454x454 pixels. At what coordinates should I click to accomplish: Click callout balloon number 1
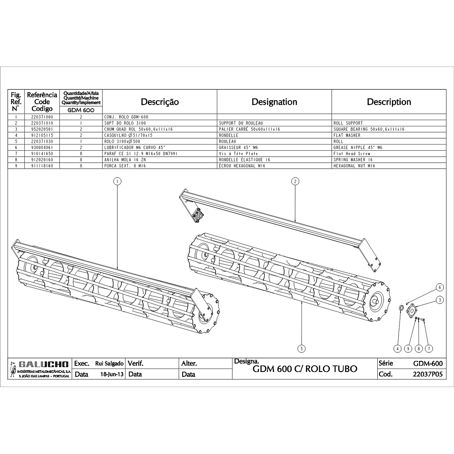117,181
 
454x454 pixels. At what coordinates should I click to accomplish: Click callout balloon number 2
295,181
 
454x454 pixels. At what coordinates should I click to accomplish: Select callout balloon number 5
301,348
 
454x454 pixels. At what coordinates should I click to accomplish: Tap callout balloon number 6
439,287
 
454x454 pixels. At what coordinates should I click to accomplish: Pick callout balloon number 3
439,300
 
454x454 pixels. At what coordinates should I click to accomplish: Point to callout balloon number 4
398,348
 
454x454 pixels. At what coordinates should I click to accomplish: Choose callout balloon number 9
408,348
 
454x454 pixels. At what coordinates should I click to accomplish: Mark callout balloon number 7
429,348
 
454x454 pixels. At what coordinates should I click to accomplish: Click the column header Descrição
160,102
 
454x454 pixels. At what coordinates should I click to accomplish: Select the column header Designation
274,102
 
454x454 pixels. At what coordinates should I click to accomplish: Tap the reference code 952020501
42,129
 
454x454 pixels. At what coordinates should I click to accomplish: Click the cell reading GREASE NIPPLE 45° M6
358,147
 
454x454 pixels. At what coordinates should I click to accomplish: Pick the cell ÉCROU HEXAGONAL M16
242,166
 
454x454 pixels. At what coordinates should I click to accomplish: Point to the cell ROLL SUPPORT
348,123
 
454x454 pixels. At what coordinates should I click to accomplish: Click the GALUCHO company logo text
43,364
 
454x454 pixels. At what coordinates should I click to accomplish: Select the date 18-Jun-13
112,374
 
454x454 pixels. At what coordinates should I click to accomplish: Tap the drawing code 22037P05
428,374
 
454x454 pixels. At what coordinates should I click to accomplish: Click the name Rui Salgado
110,364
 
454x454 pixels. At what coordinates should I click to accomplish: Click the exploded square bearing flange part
412,311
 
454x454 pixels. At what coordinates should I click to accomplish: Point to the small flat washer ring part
401,307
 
